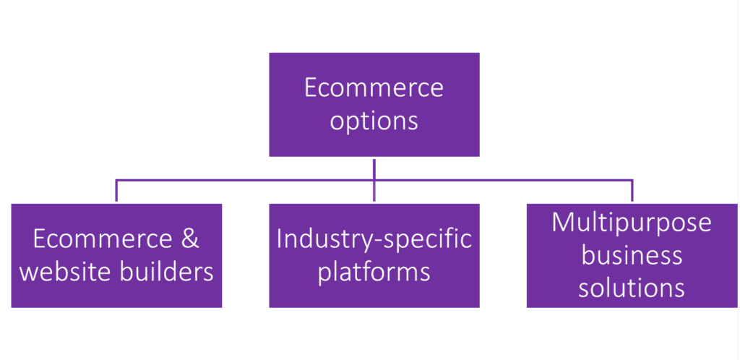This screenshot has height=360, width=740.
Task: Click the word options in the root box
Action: click(374, 121)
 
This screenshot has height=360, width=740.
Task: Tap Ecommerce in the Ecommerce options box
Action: click(374, 89)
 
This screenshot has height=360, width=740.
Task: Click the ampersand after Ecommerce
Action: click(190, 240)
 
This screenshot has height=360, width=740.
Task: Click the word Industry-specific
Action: click(374, 240)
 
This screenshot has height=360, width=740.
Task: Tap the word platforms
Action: click(374, 273)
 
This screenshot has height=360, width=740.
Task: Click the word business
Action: click(632, 255)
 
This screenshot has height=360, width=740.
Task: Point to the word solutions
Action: click(632, 288)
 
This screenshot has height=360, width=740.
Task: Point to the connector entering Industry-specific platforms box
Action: click(374, 193)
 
